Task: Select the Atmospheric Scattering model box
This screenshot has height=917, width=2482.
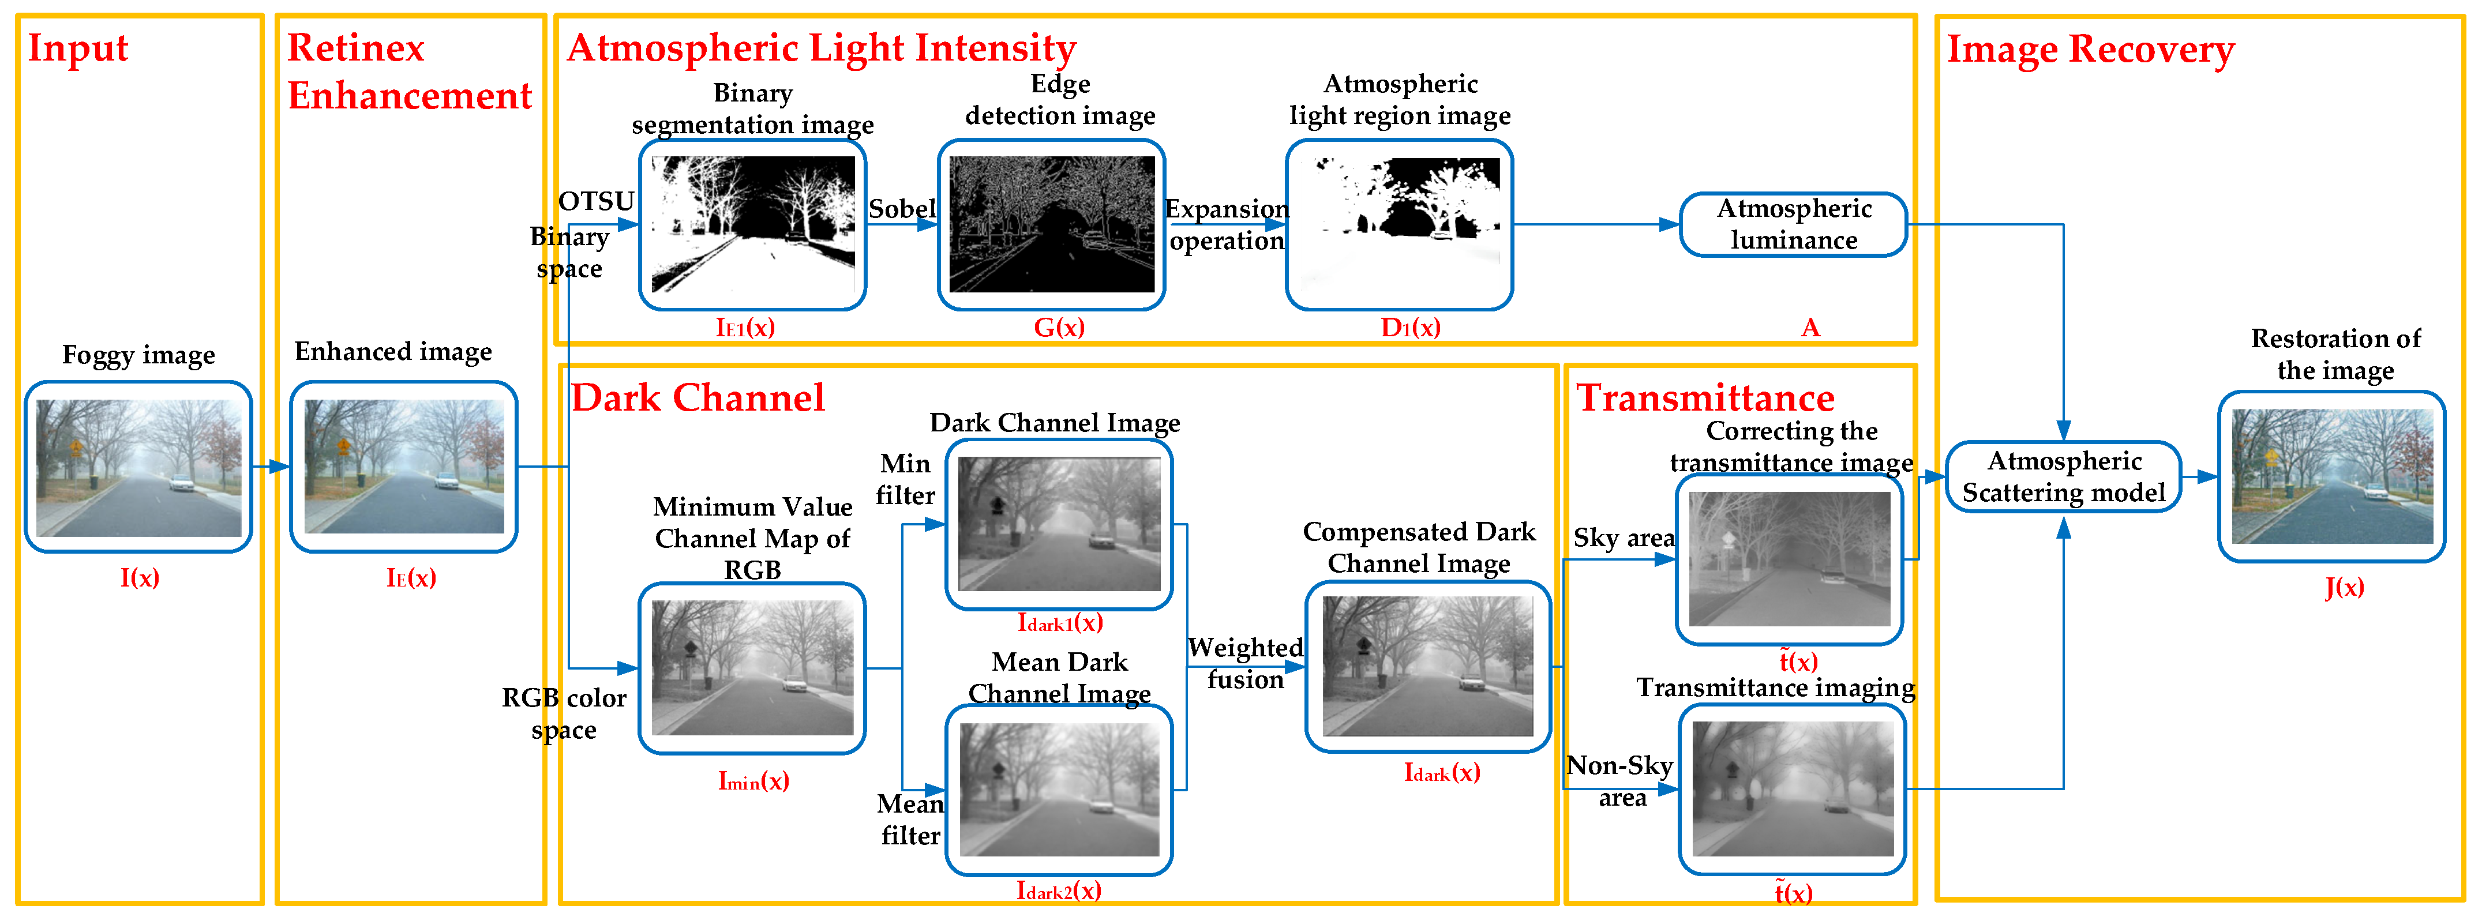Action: click(2063, 477)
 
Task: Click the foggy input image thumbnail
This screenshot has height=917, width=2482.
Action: click(138, 467)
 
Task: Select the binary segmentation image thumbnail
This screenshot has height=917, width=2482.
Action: click(752, 224)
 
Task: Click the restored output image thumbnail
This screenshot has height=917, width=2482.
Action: click(2331, 477)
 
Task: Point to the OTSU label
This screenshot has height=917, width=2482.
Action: click(597, 201)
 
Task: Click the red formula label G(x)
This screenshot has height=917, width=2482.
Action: click(1059, 328)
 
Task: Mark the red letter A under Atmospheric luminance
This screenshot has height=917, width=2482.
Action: click(1810, 328)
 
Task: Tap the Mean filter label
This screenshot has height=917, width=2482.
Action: click(910, 820)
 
